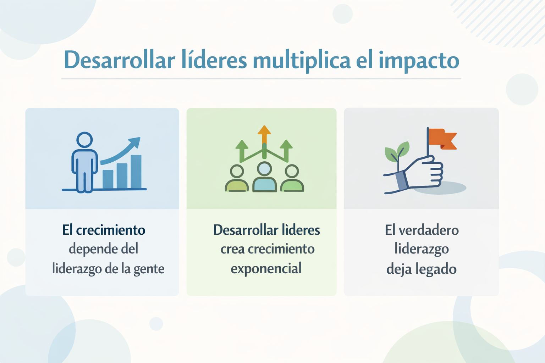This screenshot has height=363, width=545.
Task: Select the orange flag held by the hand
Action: (x=442, y=139)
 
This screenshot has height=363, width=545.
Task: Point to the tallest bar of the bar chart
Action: (x=136, y=172)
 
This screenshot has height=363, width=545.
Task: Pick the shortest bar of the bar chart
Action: (x=108, y=179)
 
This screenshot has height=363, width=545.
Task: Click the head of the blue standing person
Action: (x=84, y=140)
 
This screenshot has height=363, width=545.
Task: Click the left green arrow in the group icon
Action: (x=242, y=151)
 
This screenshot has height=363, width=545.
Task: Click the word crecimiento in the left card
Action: (x=111, y=230)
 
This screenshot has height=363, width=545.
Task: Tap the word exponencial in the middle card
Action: (x=266, y=269)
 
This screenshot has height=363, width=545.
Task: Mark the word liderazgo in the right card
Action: (x=422, y=249)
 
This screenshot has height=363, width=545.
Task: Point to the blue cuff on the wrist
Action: (x=401, y=180)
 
